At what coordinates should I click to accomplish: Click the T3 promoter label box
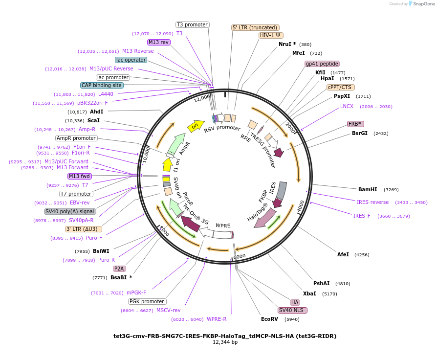click(x=193, y=24)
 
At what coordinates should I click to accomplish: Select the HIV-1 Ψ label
click(x=271, y=35)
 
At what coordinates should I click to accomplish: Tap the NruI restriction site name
click(x=285, y=44)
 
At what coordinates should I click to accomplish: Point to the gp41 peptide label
click(x=322, y=64)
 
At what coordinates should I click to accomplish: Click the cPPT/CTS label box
click(x=341, y=87)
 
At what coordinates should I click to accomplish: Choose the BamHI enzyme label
click(x=368, y=189)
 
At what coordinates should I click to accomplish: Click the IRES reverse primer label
click(x=372, y=202)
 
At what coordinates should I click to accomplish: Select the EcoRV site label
click(x=269, y=319)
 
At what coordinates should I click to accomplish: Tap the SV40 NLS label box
click(x=292, y=310)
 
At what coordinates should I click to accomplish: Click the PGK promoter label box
click(x=148, y=301)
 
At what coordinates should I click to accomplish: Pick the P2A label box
click(x=119, y=269)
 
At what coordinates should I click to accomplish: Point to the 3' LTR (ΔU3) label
click(x=83, y=229)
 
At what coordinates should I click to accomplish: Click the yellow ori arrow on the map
click(x=196, y=126)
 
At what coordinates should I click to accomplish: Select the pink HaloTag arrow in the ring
click(x=265, y=218)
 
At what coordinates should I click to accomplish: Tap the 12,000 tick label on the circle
click(x=202, y=98)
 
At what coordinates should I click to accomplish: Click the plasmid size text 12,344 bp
click(x=225, y=342)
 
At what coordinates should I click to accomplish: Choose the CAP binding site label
click(x=102, y=85)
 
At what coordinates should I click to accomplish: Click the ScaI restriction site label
click(x=94, y=120)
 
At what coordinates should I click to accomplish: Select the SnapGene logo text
click(x=424, y=4)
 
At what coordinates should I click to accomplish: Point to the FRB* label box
click(x=356, y=124)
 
